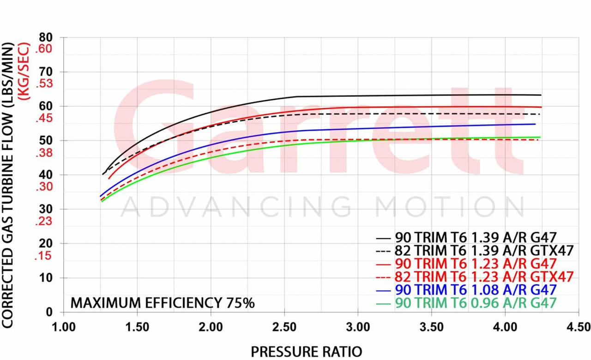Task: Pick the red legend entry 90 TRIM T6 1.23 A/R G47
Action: pyautogui.click(x=476, y=264)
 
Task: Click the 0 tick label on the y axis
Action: pyautogui.click(x=49, y=312)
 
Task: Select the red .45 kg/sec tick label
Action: pyautogui.click(x=45, y=119)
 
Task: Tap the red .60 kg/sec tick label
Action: pyautogui.click(x=45, y=49)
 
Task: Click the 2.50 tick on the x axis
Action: pyautogui.click(x=285, y=327)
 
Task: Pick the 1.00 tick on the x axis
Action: pyautogui.click(x=64, y=327)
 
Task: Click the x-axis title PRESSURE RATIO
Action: pyautogui.click(x=307, y=351)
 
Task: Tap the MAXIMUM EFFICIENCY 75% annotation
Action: pyautogui.click(x=162, y=303)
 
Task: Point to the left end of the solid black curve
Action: pyautogui.click(x=103, y=174)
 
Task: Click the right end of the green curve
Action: pyautogui.click(x=540, y=137)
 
